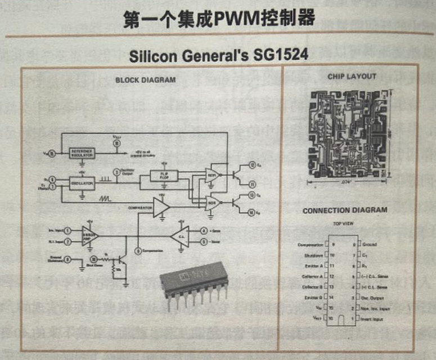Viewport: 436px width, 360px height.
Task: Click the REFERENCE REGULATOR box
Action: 82,153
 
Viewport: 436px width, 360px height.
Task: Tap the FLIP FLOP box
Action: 163,177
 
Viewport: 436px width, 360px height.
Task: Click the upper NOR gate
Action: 213,173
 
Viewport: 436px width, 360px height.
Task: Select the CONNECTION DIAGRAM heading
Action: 345,210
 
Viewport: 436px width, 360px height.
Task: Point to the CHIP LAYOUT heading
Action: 352,76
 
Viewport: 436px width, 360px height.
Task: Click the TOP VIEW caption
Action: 344,223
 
